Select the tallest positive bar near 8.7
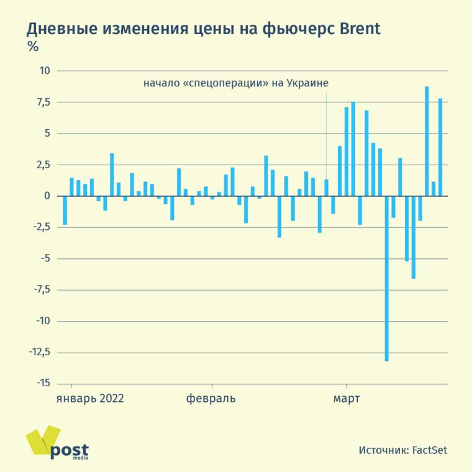427,142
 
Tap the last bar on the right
440,147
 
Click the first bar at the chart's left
65,210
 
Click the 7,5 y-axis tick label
42,102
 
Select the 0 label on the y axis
47,196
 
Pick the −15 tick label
41,384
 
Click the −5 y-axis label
44,259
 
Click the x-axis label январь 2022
90,398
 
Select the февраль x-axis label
211,398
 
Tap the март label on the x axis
347,398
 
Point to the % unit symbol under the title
32,46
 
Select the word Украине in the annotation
307,83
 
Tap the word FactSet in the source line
430,450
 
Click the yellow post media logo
56,443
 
